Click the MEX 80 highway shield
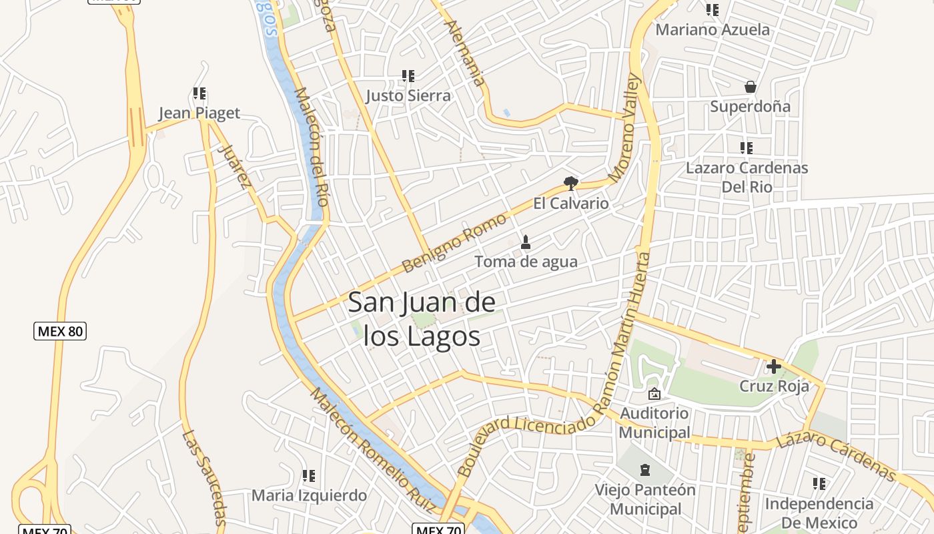point(60,330)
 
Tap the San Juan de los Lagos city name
point(422,319)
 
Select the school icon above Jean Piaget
point(199,93)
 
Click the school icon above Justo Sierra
point(408,76)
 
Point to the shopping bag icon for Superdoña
point(751,87)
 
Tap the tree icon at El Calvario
point(570,183)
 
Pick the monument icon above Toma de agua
point(526,242)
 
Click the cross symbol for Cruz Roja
point(774,366)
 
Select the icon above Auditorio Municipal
point(654,394)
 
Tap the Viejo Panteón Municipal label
point(645,499)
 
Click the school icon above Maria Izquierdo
point(308,476)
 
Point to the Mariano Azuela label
point(713,29)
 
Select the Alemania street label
point(466,53)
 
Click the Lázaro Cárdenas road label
point(836,456)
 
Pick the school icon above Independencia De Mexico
point(819,483)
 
